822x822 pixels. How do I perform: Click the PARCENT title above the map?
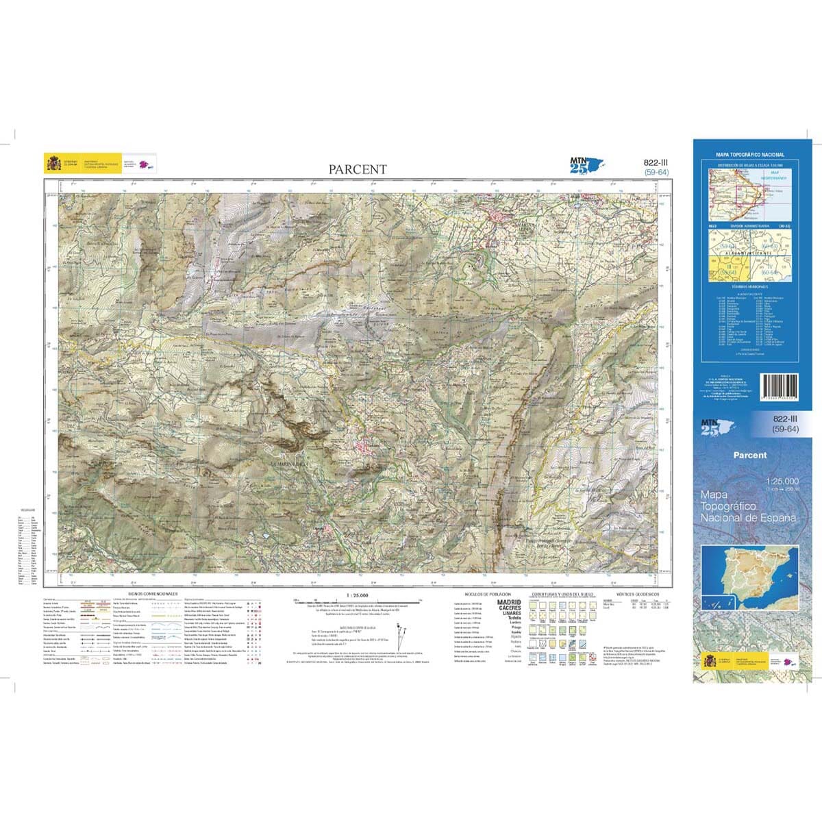click(x=357, y=169)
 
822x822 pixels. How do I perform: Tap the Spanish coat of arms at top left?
click(x=53, y=164)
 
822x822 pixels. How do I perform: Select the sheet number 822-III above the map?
click(x=656, y=162)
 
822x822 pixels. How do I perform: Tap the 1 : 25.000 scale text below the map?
click(x=358, y=595)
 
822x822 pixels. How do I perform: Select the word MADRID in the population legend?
click(x=508, y=602)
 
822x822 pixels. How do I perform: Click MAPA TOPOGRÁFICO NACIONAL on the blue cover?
click(x=749, y=155)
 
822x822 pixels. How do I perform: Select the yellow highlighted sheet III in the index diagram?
click(x=723, y=267)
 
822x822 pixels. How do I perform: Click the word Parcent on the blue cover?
click(x=749, y=455)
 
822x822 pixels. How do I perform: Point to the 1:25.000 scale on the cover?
click(x=782, y=481)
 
